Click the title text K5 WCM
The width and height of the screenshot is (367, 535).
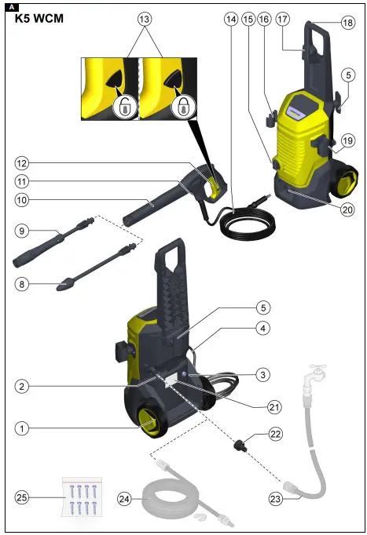[x=39, y=18]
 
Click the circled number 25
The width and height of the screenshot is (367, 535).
[x=23, y=497]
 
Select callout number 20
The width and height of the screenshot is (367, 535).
[x=347, y=209]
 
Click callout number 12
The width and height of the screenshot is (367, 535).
[x=23, y=163]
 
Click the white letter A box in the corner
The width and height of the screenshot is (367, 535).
[x=8, y=5]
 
